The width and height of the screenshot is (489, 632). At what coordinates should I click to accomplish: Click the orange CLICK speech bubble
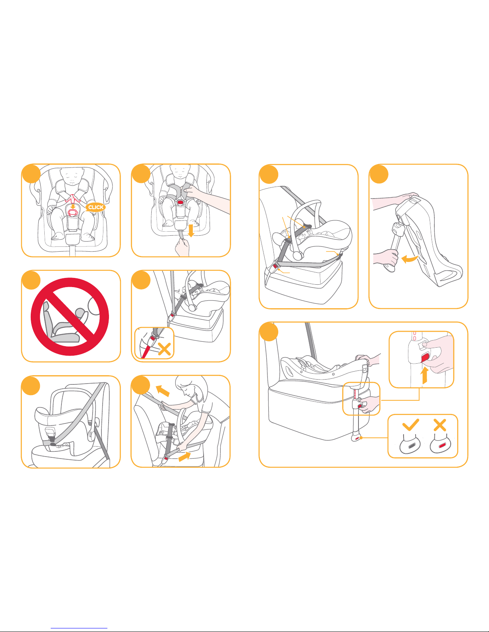pyautogui.click(x=95, y=207)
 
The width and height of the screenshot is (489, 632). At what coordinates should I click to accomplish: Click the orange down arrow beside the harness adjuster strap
pyautogui.click(x=191, y=230)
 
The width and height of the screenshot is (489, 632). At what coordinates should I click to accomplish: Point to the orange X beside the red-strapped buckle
pyautogui.click(x=164, y=348)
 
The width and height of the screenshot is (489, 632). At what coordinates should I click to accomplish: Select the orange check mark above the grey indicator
pyautogui.click(x=411, y=424)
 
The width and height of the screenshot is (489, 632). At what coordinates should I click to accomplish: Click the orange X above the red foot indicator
pyautogui.click(x=440, y=425)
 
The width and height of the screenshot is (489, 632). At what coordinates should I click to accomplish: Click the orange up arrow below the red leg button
pyautogui.click(x=425, y=375)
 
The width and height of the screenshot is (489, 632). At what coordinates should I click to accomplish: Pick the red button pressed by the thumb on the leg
pyautogui.click(x=425, y=357)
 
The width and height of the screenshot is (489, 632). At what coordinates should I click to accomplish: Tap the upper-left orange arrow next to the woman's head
pyautogui.click(x=162, y=391)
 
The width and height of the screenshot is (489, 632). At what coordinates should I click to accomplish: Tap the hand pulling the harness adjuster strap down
pyautogui.click(x=182, y=247)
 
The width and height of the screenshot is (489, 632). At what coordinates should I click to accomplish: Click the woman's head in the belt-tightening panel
pyautogui.click(x=191, y=388)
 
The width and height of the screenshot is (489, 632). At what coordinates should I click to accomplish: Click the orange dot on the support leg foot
pyautogui.click(x=361, y=437)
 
